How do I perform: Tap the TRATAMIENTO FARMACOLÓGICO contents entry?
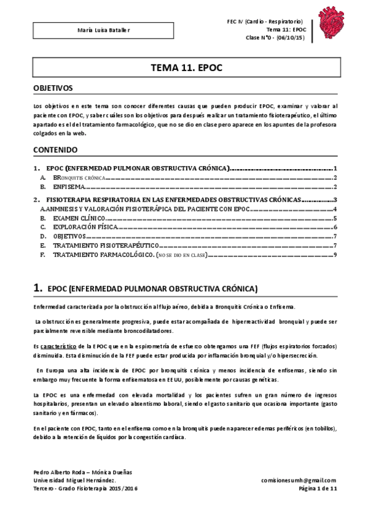click(103, 254)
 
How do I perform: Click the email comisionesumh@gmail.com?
click(299, 480)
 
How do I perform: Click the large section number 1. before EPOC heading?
click(37, 288)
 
